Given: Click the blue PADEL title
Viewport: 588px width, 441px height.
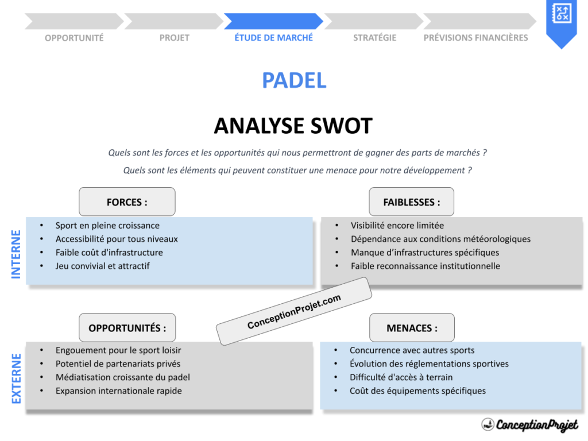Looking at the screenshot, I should click(x=294, y=80).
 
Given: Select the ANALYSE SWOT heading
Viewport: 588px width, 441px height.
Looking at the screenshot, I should click(x=293, y=126).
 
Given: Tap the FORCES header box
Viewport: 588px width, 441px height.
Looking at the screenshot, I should click(x=127, y=202).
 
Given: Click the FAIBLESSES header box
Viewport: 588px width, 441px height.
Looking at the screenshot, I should click(x=411, y=202).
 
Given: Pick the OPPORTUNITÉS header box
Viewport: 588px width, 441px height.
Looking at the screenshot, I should click(x=127, y=328).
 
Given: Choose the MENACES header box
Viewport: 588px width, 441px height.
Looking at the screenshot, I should click(x=411, y=328).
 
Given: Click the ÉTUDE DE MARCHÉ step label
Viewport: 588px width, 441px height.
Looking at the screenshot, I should click(x=273, y=37).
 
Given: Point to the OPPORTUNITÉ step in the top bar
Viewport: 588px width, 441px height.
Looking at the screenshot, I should click(x=74, y=38).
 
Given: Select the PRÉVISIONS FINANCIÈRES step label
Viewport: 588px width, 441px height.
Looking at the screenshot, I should click(x=475, y=38).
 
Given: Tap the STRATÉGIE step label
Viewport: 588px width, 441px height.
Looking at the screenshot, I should click(x=374, y=38).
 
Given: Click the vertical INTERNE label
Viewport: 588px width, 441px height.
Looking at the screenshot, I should click(x=16, y=254).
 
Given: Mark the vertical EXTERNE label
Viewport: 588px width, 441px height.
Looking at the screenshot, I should click(x=16, y=378).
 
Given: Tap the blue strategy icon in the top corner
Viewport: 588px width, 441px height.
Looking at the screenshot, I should click(x=560, y=14).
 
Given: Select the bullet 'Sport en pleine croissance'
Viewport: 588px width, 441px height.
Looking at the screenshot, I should click(x=107, y=226).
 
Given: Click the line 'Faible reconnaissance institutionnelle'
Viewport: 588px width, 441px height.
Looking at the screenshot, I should click(x=425, y=266).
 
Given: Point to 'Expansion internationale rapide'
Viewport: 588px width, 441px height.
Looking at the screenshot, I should click(x=118, y=391).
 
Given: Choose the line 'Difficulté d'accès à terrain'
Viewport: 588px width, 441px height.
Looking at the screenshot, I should click(x=401, y=377).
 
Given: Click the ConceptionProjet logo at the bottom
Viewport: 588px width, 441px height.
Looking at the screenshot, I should click(x=529, y=425).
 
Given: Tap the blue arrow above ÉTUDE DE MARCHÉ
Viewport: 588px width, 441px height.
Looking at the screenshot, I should click(x=273, y=21).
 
